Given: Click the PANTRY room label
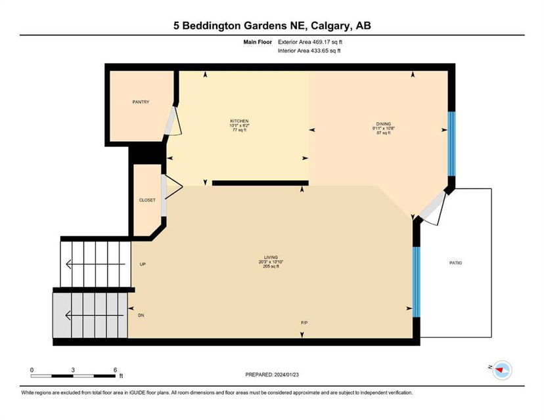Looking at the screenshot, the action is (x=141, y=102).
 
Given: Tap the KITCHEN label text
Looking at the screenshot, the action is (x=239, y=121).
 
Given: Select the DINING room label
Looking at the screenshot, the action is (x=384, y=124).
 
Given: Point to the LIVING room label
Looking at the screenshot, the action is (x=271, y=257).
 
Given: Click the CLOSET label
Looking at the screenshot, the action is (x=147, y=200).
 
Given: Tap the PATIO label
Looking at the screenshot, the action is (x=455, y=263).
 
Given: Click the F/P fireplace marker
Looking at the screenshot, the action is (x=304, y=323).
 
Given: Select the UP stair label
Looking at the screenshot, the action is (x=143, y=264).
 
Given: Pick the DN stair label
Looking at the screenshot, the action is (x=141, y=316).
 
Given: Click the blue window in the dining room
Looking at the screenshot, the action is (x=451, y=144).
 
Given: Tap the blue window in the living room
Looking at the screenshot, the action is (x=417, y=282).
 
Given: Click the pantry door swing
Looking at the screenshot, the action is (x=173, y=121).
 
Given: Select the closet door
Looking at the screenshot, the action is (x=171, y=187).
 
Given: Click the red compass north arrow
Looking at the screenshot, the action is (x=499, y=370).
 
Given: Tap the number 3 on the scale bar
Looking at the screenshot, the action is (x=73, y=370).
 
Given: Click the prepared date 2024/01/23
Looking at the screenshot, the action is (x=286, y=375).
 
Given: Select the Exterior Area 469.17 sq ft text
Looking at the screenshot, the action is (x=310, y=42).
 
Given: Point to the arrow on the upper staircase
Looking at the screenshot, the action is (x=95, y=264).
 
